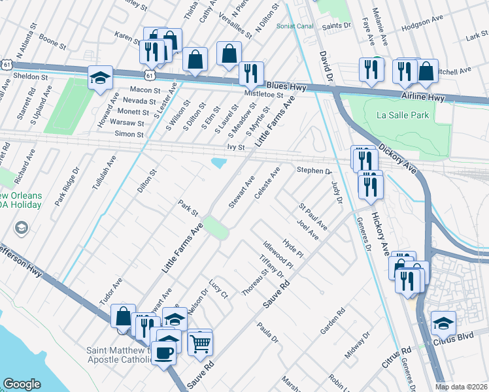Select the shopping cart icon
coord(201,342)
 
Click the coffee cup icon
coord(163,354)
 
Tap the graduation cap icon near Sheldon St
coord(101,78)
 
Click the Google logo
coord(22,384)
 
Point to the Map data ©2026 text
coord(461,387)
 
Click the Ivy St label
coord(235,148)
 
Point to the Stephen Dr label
coord(314,171)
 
